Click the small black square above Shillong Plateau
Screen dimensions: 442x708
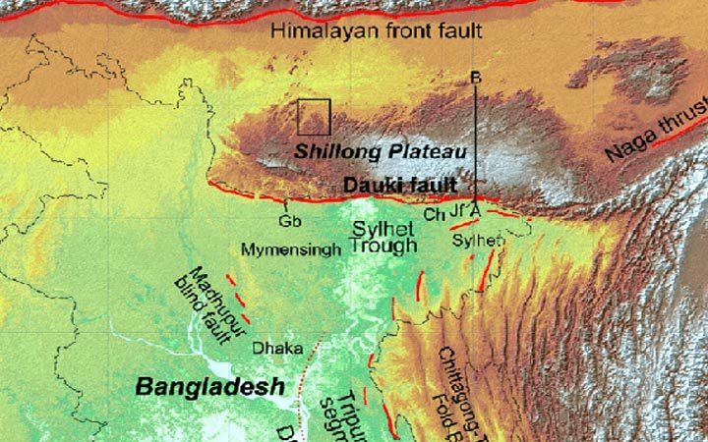click(x=314, y=117)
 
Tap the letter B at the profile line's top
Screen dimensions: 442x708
click(x=475, y=77)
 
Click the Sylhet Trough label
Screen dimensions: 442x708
click(x=384, y=237)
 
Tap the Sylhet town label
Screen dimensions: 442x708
click(x=477, y=240)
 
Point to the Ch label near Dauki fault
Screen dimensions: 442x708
click(x=432, y=213)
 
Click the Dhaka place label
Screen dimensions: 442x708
click(x=271, y=348)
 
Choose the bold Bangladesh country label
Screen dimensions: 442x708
click(x=209, y=386)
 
